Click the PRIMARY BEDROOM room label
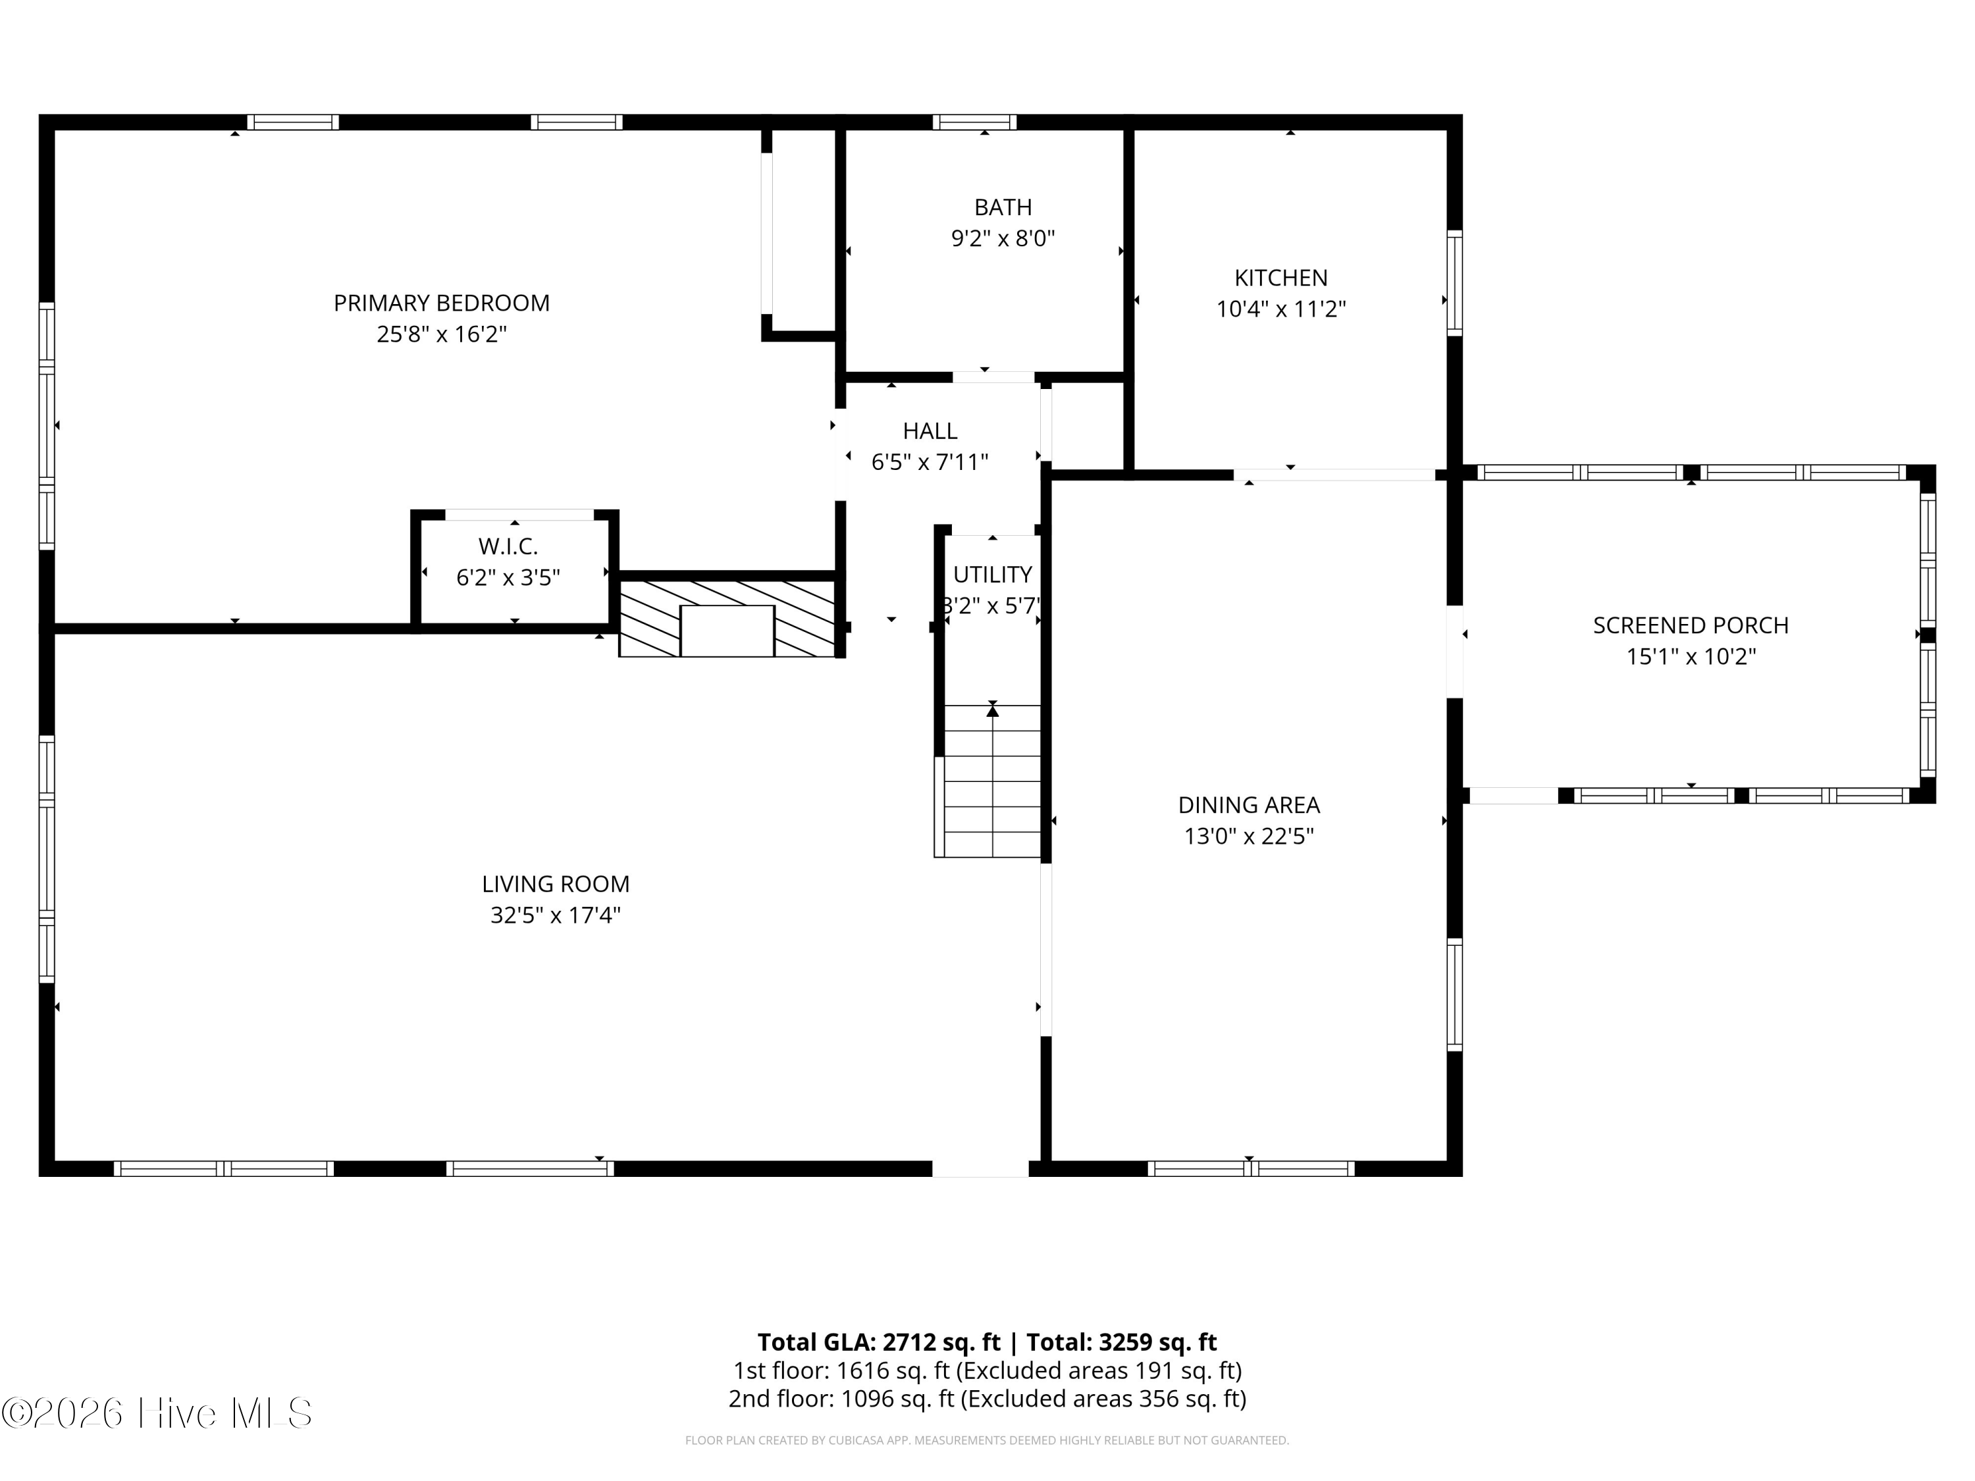441,303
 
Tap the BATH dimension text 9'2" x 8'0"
1003,238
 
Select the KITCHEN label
1280,278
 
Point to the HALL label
930,431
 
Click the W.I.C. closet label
508,546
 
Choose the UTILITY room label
992,574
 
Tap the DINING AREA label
1248,805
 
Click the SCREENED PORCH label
1690,626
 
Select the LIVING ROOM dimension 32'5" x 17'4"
556,915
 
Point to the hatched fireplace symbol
727,619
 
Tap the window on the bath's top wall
975,122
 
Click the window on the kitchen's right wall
1454,283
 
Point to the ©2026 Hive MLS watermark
157,1413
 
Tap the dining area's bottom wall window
1251,1168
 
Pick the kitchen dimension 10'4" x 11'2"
1280,309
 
